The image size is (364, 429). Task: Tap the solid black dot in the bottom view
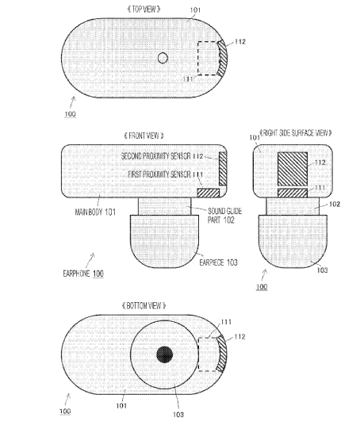(x=164, y=354)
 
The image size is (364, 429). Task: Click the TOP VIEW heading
(x=144, y=10)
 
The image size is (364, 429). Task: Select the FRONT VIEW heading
(x=144, y=136)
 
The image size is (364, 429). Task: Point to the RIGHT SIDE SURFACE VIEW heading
(x=296, y=133)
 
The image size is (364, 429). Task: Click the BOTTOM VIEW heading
(x=144, y=305)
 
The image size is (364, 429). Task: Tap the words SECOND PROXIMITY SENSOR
(x=155, y=156)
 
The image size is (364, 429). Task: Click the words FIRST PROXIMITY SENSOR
(x=159, y=174)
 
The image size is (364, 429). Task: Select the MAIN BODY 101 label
(x=95, y=212)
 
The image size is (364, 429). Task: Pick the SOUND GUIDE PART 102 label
(x=224, y=216)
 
